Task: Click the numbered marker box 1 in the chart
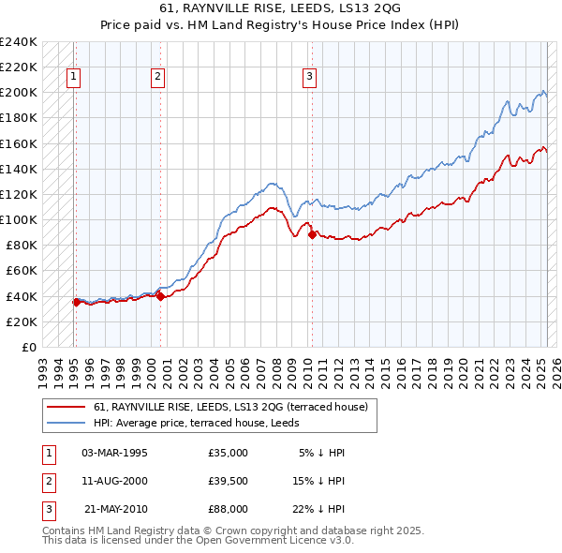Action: (x=73, y=78)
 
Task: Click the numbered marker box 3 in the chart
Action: (x=309, y=78)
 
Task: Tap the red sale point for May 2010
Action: (x=312, y=234)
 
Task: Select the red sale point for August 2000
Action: (x=160, y=296)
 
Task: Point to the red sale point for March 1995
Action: (x=76, y=302)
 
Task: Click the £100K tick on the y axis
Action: (x=19, y=219)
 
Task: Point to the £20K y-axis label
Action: (x=22, y=321)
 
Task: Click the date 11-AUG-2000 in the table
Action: (x=116, y=481)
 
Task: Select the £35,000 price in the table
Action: (x=229, y=453)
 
